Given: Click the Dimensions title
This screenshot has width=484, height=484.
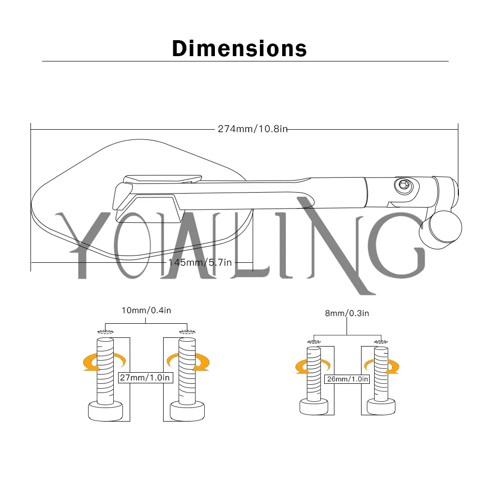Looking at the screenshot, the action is [239, 48].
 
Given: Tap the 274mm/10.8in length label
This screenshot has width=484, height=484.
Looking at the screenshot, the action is [253, 129].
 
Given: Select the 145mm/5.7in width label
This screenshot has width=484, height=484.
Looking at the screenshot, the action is [200, 262].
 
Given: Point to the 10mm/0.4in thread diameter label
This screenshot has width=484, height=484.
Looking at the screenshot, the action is [146, 310].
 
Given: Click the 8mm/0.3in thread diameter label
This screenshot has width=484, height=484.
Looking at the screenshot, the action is [347, 313].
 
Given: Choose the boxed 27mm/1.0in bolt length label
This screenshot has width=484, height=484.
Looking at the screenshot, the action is [145, 378].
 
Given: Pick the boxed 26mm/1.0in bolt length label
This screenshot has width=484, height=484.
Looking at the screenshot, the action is [347, 379].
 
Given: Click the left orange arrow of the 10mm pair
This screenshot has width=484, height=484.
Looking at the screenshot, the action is [105, 362].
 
